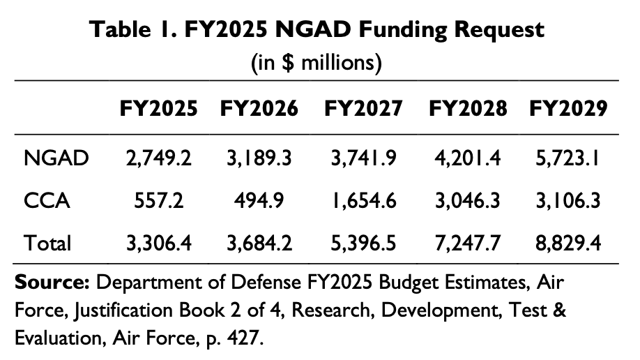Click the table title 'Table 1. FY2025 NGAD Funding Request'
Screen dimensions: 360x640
[x=317, y=31]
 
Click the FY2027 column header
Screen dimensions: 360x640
[x=363, y=109]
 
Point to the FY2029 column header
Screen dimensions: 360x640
[x=567, y=109]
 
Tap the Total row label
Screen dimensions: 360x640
[x=47, y=243]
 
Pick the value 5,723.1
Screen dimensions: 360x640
[x=567, y=158]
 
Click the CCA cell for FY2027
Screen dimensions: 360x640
[x=363, y=201]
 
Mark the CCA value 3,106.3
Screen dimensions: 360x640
[x=567, y=201]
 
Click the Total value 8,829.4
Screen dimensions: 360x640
[x=567, y=243]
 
